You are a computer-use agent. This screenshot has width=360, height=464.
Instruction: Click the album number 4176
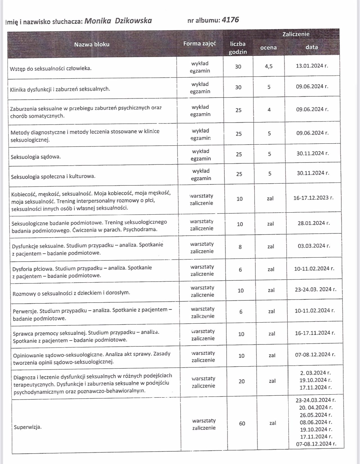[x=230, y=20]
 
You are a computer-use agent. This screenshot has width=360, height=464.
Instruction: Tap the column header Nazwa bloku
[x=92, y=44]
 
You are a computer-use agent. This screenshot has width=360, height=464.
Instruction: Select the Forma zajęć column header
[x=199, y=44]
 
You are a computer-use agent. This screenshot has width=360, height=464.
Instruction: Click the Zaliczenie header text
[x=296, y=34]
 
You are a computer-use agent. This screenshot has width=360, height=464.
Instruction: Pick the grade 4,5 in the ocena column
[x=269, y=66]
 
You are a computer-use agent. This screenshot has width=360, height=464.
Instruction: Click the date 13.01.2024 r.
[x=312, y=66]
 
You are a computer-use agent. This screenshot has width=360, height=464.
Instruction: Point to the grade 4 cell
[x=269, y=110]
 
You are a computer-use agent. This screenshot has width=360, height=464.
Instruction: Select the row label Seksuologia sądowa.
[x=36, y=157]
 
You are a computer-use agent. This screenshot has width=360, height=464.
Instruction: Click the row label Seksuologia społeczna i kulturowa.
[x=53, y=176]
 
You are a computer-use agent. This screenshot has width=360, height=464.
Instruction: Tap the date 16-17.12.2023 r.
[x=313, y=198]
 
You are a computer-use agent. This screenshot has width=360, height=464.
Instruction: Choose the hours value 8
[x=240, y=247]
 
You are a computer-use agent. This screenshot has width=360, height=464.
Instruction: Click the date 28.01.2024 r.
[x=314, y=223]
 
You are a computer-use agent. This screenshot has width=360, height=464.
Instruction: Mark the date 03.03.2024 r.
[x=314, y=246]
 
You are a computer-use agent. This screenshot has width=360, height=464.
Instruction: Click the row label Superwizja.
[x=28, y=427]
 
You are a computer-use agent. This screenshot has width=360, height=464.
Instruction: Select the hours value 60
[x=242, y=423]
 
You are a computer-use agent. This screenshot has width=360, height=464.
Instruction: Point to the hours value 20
[x=242, y=381]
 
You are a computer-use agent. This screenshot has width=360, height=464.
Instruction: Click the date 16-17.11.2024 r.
[x=315, y=333]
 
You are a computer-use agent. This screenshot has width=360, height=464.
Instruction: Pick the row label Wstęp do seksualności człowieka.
[x=51, y=68]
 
